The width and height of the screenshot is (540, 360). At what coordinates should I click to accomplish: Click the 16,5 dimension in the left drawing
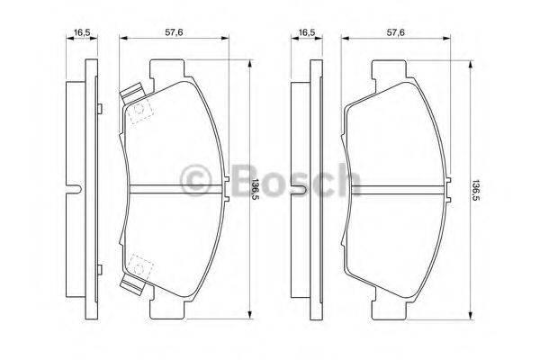tap(83, 32)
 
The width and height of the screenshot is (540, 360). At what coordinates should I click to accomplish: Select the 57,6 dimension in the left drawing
tap(174, 32)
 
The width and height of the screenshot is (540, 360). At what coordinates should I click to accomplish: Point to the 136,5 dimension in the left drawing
tap(255, 187)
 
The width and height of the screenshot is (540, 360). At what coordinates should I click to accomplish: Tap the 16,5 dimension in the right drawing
tap(306, 32)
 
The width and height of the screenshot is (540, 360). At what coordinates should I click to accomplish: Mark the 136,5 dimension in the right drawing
tap(477, 187)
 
